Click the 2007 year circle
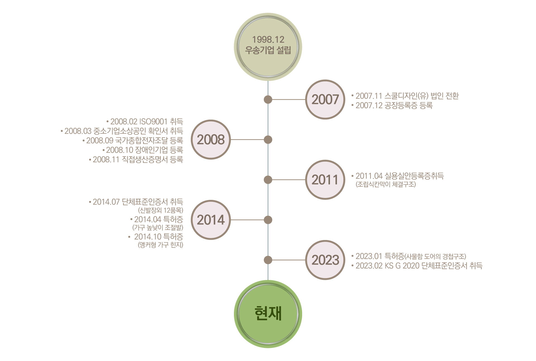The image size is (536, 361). [325, 100]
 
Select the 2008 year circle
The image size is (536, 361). [211, 140]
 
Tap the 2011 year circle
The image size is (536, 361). [325, 180]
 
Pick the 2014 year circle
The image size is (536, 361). [211, 220]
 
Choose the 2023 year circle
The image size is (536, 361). [325, 260]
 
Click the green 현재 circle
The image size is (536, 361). [268, 314]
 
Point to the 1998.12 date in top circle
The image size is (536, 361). [268, 40]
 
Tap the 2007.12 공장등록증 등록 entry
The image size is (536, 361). [394, 105]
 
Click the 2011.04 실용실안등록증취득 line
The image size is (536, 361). [399, 176]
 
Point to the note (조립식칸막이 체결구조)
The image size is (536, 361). [386, 184]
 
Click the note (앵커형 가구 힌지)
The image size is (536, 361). [161, 245]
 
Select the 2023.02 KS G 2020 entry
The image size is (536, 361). [419, 266]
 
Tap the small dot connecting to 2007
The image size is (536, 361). [268, 100]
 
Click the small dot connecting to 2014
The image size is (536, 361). [268, 220]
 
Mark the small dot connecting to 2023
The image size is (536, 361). [268, 260]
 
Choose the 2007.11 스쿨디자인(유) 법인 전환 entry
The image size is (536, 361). [407, 96]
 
